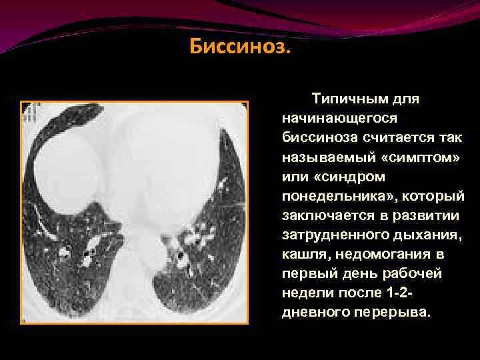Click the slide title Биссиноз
pos(240,48)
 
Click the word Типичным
pos(341,99)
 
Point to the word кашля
pos(303,254)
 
